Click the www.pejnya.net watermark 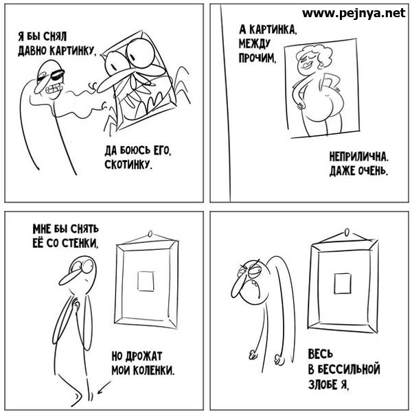(354, 13)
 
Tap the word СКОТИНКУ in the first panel (128, 165)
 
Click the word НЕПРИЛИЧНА (358, 157)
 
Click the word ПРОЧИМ (257, 58)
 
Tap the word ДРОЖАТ (144, 356)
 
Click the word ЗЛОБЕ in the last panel (323, 384)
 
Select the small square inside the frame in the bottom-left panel (146, 281)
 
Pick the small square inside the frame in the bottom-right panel (342, 284)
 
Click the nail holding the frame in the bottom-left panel (150, 234)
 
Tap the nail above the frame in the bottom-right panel (347, 232)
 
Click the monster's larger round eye (139, 54)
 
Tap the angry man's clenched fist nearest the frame (279, 360)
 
